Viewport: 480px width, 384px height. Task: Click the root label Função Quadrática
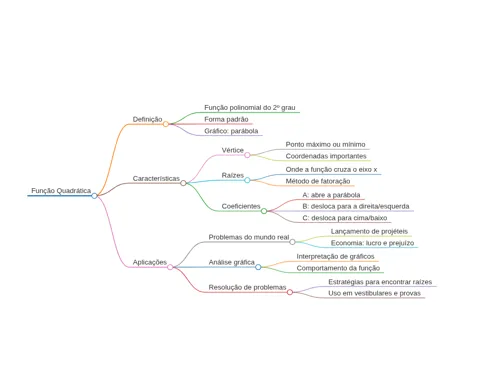pos(61,191)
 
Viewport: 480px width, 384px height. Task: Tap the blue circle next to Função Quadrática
pos(94,196)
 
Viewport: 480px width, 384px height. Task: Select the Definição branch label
pos(147,119)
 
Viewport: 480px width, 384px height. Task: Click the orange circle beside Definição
pos(166,124)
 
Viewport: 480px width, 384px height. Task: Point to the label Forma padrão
pos(226,119)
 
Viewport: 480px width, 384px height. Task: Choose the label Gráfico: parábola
pos(231,131)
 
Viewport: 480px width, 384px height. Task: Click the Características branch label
pos(156,179)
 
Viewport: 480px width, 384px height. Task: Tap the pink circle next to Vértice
pos(247,155)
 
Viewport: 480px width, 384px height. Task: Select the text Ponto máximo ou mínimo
pos(325,144)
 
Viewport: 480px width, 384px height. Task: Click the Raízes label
pos(233,175)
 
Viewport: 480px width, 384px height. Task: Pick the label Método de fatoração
pos(318,181)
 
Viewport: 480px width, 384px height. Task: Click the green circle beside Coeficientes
pos(264,211)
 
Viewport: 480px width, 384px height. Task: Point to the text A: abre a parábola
pos(331,195)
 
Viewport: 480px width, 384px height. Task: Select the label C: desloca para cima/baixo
pos(345,218)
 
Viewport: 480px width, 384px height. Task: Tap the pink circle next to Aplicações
pos(170,267)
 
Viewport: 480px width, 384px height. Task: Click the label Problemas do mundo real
pos(249,237)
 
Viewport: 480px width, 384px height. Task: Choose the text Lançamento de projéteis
pos(369,231)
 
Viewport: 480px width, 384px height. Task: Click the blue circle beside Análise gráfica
pos(258,267)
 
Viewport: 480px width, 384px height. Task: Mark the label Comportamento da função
pos(338,268)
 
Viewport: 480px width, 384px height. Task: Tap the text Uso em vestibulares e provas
pos(374,293)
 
